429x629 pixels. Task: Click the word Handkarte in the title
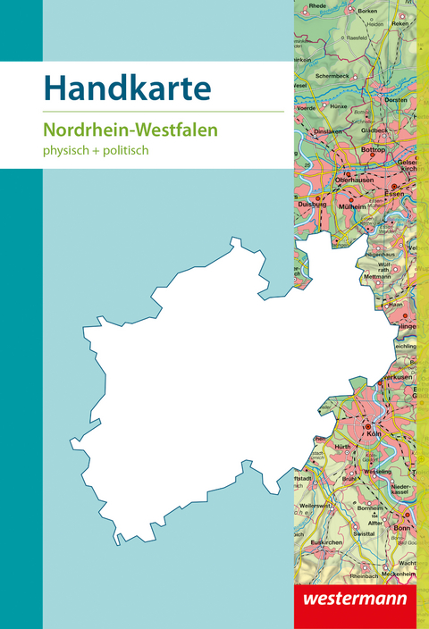[x=127, y=88]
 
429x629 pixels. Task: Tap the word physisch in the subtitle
[x=69, y=150]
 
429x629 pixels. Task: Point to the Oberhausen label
[x=354, y=180]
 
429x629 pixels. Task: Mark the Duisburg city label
[x=311, y=203]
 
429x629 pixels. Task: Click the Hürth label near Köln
[x=343, y=445]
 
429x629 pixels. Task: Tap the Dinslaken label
[x=328, y=131]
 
